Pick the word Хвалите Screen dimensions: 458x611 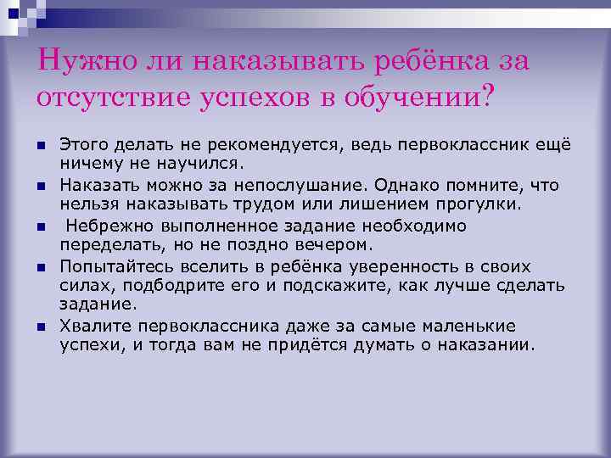coord(91,327)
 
